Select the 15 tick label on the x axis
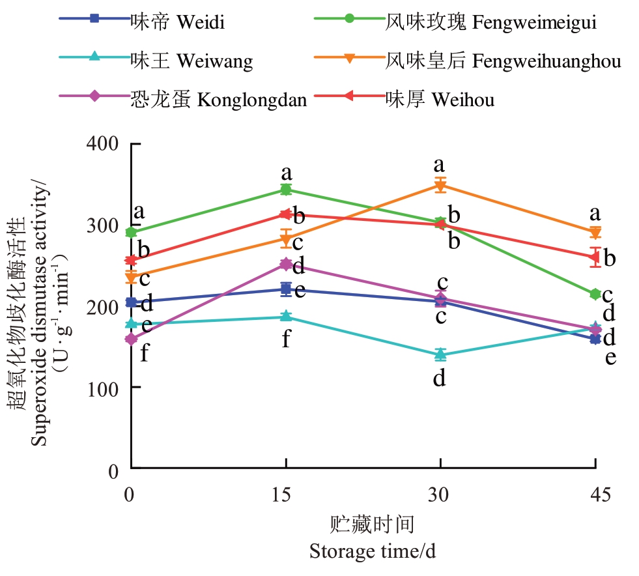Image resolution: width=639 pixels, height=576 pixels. coord(285,495)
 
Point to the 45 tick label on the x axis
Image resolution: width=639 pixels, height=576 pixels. coord(595,495)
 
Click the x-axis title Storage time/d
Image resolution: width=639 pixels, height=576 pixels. coord(372,552)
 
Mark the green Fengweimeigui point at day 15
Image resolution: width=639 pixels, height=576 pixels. coord(285,190)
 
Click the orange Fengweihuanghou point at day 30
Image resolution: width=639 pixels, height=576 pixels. coord(440,186)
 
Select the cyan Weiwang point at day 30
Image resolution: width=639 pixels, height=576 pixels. coord(440,354)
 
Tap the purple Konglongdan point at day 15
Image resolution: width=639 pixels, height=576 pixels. coord(285,264)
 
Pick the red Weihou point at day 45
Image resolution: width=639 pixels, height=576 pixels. coord(595,257)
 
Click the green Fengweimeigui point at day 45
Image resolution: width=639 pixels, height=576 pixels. coord(595,295)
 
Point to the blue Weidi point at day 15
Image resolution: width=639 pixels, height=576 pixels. coord(285,289)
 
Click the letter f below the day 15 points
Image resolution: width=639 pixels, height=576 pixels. coord(285,339)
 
